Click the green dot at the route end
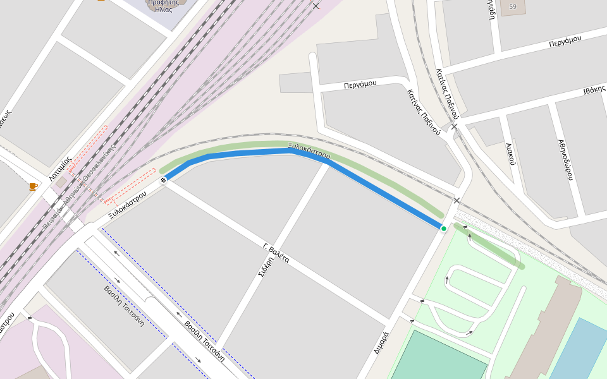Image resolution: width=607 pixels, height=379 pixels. coord(444,228)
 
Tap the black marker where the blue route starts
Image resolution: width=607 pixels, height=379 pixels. coord(164,181)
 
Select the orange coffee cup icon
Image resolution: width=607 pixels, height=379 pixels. coord(33,186)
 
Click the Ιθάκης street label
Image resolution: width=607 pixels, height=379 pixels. coord(594,90)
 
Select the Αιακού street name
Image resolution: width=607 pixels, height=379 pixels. coord(511,153)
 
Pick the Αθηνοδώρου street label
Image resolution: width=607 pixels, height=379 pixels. coord(565,160)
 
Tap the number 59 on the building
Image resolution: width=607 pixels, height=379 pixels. coord(513,7)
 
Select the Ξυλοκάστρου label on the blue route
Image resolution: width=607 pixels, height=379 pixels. coord(309,150)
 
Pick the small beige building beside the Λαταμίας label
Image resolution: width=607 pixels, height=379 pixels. coord(61,183)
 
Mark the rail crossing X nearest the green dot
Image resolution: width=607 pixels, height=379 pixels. coord(457,201)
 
